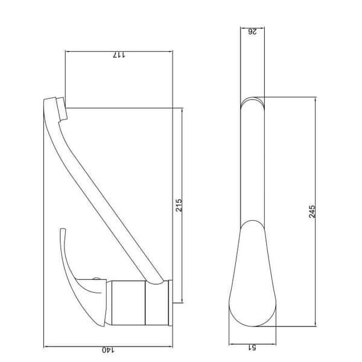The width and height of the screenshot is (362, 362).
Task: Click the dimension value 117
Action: pos(119,55)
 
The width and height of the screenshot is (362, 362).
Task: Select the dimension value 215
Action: pos(179,205)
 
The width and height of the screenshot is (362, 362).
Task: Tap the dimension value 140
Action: pos(108,350)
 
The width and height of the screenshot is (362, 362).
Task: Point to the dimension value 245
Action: pos(312,212)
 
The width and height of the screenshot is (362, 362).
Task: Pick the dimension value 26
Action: pos(252,31)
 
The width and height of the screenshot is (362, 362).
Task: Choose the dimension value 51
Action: pos(252,348)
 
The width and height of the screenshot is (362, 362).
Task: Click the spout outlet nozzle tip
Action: pos(62,109)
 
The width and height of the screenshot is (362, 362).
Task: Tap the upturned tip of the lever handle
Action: pos(63,230)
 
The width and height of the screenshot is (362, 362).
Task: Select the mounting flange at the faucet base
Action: pos(171,303)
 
